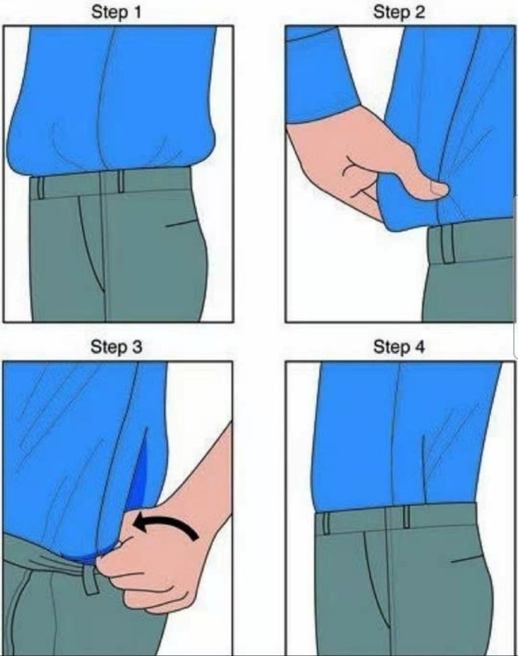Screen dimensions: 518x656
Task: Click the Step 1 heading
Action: tap(117, 12)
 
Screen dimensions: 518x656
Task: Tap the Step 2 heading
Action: tap(399, 12)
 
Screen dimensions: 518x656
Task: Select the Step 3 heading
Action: tap(117, 347)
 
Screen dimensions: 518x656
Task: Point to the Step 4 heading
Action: tap(399, 347)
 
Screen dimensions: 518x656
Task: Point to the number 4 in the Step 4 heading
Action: tap(420, 347)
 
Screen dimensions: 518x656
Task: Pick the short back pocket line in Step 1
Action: tap(181, 224)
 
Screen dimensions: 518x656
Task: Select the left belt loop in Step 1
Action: tap(40, 188)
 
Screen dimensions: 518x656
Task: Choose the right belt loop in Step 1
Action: tap(121, 181)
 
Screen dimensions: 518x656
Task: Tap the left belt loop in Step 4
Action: tap(326, 523)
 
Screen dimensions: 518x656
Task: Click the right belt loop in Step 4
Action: tap(406, 517)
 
